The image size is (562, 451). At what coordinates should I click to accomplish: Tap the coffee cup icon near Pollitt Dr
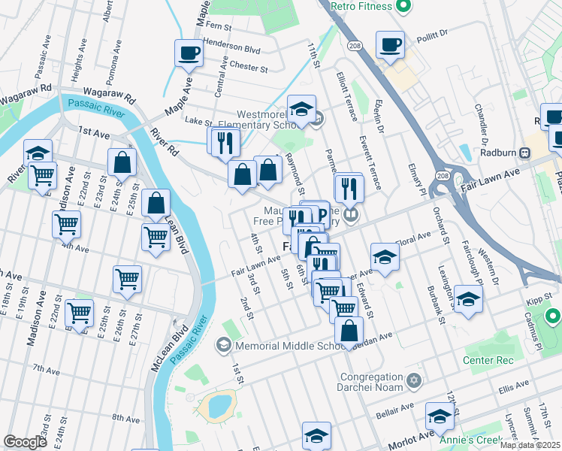[x=390, y=44]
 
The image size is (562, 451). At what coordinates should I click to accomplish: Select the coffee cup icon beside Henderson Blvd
[x=189, y=53]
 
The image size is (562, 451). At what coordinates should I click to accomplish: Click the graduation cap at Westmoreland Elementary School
[x=301, y=109]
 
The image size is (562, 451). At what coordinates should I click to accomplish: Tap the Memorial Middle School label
[x=289, y=346]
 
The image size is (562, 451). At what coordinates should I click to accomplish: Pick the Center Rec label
[x=488, y=361]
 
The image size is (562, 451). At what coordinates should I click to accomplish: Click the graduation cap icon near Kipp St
[x=468, y=298]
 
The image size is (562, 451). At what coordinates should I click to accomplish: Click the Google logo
[x=25, y=442]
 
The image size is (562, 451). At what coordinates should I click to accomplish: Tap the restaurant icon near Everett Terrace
[x=348, y=187]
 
